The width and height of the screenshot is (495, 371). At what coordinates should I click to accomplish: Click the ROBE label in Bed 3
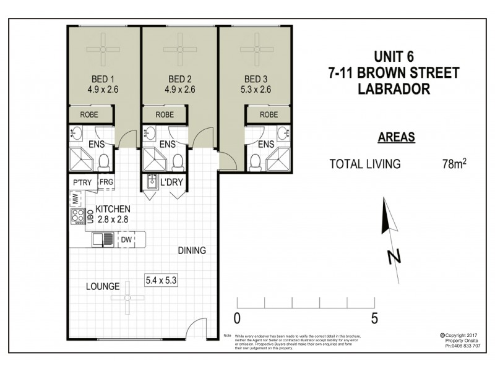269,114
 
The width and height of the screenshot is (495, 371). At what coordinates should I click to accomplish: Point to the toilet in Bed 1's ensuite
103,162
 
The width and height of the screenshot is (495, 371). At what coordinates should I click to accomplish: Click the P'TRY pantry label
82,182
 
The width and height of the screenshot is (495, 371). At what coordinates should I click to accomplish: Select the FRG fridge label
106,182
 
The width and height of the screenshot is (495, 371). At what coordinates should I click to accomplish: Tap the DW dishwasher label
126,239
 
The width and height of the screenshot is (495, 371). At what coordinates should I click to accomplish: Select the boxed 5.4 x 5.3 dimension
161,279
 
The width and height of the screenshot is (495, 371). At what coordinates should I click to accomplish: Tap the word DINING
192,251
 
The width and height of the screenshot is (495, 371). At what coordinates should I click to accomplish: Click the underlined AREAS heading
395,137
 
